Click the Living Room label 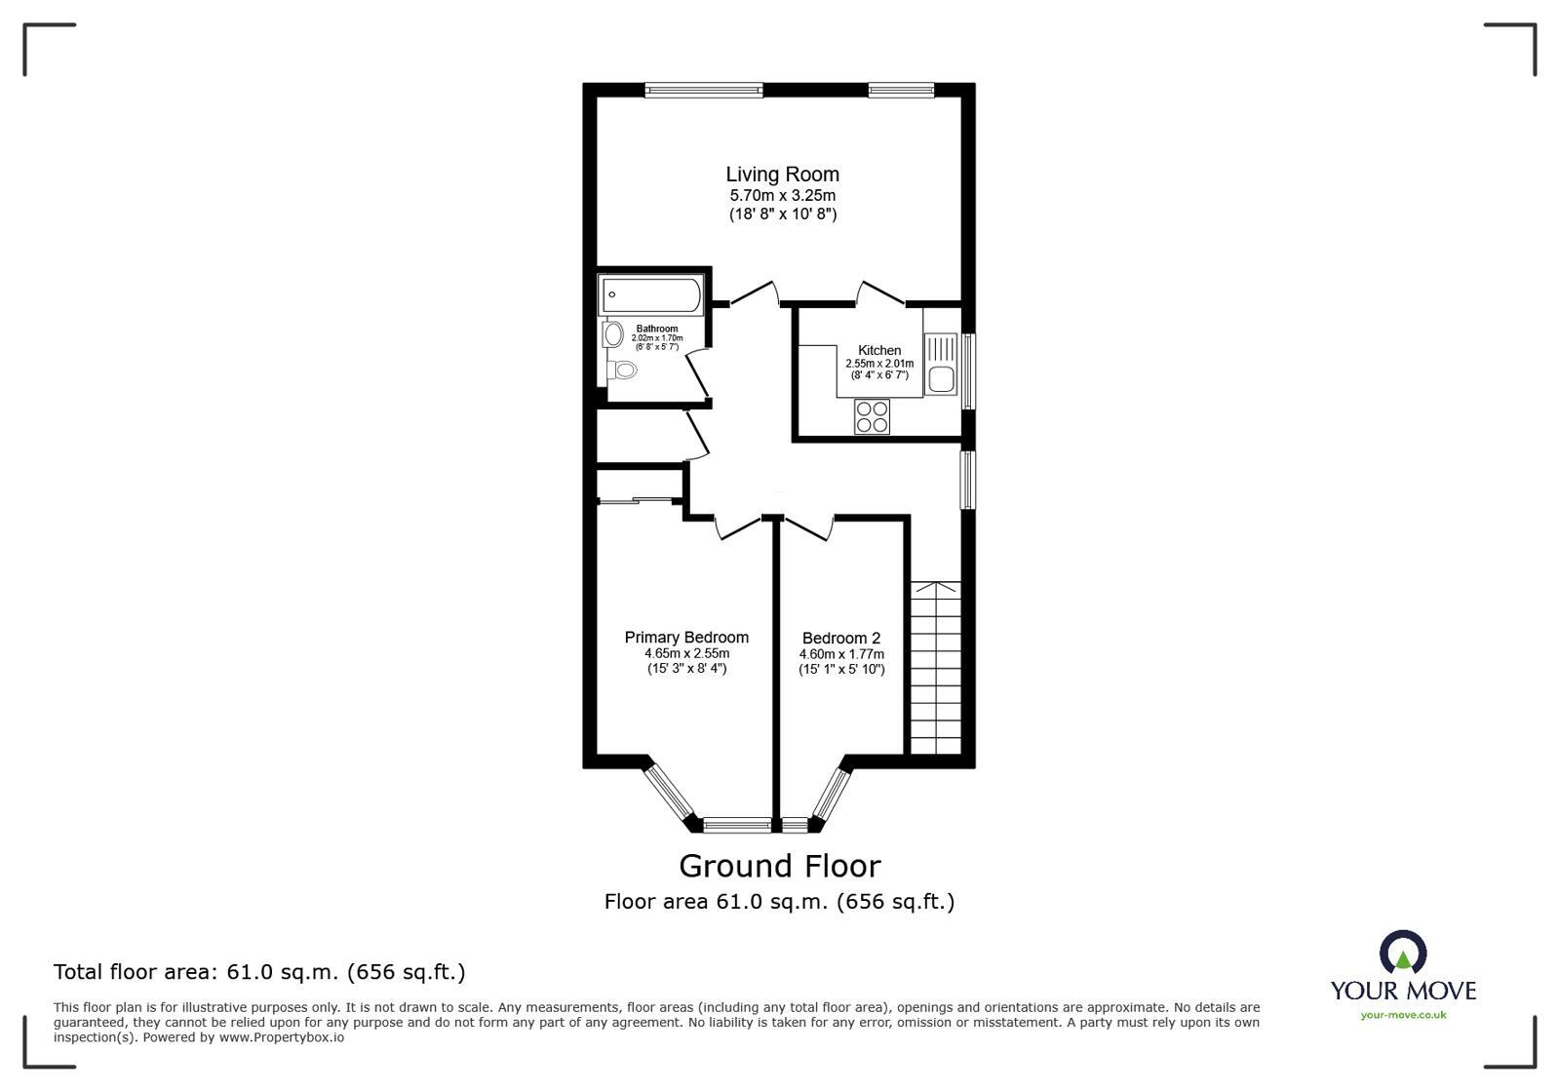click(782, 175)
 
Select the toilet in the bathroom click(623, 370)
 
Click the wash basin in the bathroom click(613, 335)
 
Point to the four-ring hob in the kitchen click(872, 416)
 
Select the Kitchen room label click(879, 350)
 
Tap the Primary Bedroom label click(686, 638)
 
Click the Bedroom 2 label click(841, 639)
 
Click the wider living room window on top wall click(703, 91)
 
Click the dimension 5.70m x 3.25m click(782, 196)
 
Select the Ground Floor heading click(779, 866)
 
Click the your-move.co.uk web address click(1403, 1015)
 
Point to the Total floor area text click(259, 972)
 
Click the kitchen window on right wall click(968, 371)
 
